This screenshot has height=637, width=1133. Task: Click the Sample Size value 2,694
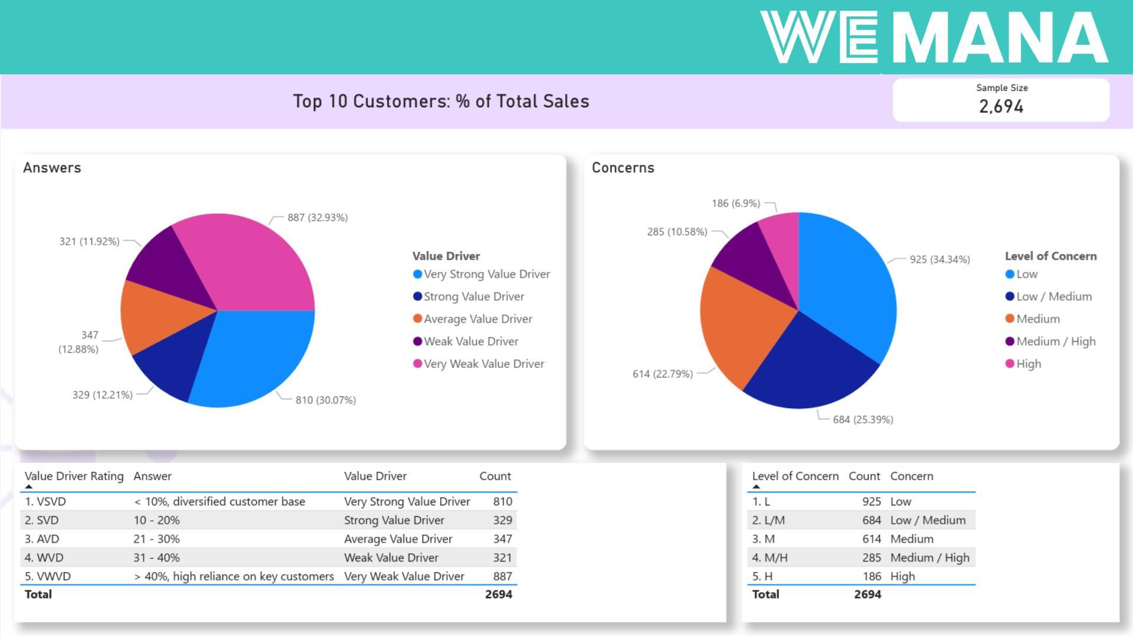1001,106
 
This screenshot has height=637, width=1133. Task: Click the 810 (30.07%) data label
326,400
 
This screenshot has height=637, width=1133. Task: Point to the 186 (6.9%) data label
736,203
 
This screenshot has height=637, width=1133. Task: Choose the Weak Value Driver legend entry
471,342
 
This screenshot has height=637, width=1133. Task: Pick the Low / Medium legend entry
1054,297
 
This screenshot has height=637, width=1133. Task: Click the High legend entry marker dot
1010,364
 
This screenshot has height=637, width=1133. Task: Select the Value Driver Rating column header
74,476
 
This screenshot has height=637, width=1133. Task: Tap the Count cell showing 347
502,539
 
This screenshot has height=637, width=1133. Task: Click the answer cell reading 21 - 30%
156,539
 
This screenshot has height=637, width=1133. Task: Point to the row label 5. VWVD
48,576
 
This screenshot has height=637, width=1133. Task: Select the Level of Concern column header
795,476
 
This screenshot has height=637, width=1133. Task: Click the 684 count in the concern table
871,520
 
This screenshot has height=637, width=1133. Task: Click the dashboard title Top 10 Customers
441,101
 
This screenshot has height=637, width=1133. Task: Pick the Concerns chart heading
623,168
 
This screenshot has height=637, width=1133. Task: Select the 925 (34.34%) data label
939,260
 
